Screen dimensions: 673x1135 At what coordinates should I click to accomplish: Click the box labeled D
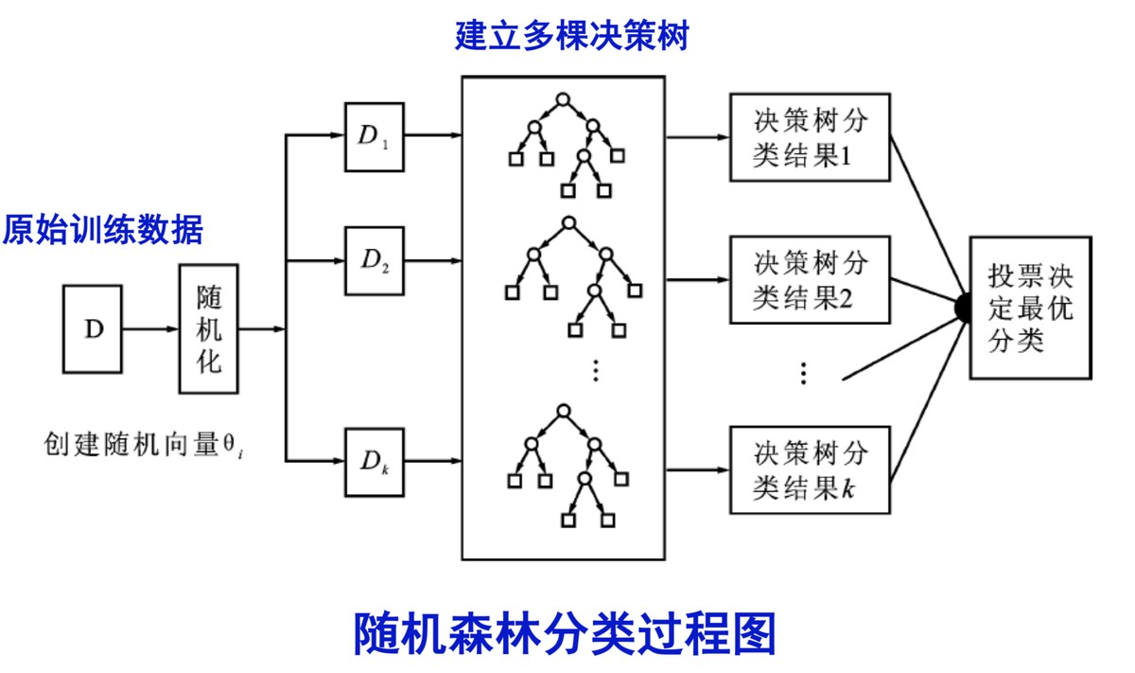click(93, 328)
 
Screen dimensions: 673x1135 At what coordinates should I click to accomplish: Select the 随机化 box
click(208, 328)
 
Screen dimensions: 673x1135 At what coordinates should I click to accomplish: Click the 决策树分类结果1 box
click(809, 136)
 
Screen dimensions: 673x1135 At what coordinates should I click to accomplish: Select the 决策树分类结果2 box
click(809, 280)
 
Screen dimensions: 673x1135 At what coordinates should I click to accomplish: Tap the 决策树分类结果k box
click(809, 469)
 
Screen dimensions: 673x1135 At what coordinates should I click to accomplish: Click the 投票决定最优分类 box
click(1030, 308)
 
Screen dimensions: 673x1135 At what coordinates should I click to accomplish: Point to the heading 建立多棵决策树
click(570, 37)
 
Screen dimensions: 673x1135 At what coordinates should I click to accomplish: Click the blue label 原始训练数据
click(102, 230)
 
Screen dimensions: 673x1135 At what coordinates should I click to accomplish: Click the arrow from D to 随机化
click(151, 329)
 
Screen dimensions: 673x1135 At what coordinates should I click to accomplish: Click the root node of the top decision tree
click(563, 98)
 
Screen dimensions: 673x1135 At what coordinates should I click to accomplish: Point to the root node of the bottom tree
click(563, 411)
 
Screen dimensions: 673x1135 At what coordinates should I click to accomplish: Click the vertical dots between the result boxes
click(802, 373)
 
